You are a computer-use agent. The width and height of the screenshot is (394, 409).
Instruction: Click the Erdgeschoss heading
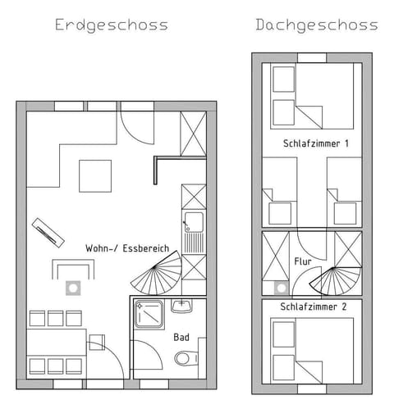pyautogui.click(x=111, y=25)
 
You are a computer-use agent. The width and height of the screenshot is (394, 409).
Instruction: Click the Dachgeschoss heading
pyautogui.click(x=316, y=25)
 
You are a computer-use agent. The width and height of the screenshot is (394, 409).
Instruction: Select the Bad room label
pyautogui.click(x=181, y=337)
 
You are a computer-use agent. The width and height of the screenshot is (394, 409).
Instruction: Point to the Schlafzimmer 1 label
pyautogui.click(x=315, y=143)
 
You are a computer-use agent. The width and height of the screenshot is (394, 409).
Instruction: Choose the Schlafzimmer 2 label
pyautogui.click(x=314, y=307)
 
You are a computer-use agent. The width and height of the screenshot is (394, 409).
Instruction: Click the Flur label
pyautogui.click(x=302, y=262)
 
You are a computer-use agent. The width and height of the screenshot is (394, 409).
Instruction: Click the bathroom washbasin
pyautogui.click(x=181, y=306)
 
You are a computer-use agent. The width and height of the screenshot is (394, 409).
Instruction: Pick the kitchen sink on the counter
pyautogui.click(x=194, y=220)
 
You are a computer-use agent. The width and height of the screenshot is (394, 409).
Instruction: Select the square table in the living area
pyautogui.click(x=95, y=175)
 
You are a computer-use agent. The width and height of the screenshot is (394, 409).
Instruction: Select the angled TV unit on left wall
pyautogui.click(x=48, y=232)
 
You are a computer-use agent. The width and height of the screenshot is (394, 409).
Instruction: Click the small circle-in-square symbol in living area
pyautogui.click(x=72, y=288)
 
